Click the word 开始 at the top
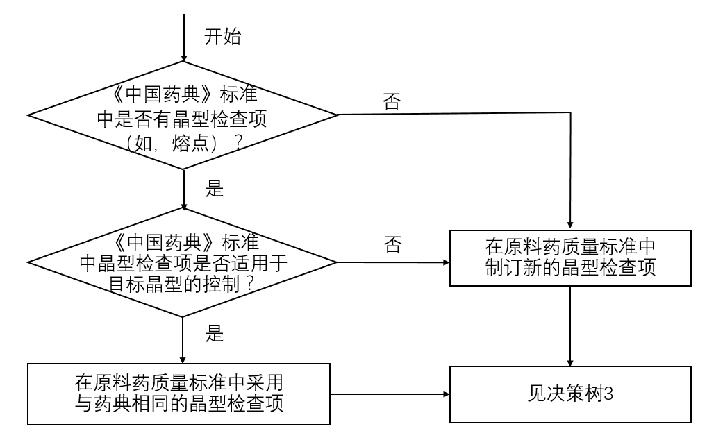click(222, 37)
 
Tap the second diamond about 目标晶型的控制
click(183, 263)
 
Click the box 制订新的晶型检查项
click(570, 257)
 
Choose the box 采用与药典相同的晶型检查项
click(180, 393)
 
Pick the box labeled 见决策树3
click(570, 394)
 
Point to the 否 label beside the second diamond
click(392, 245)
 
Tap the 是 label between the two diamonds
click(215, 188)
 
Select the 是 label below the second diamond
click(215, 334)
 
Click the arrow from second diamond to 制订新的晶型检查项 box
click(392, 263)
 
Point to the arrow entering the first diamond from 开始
click(183, 42)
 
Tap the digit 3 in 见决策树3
click(608, 394)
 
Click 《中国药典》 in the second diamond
click(165, 243)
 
